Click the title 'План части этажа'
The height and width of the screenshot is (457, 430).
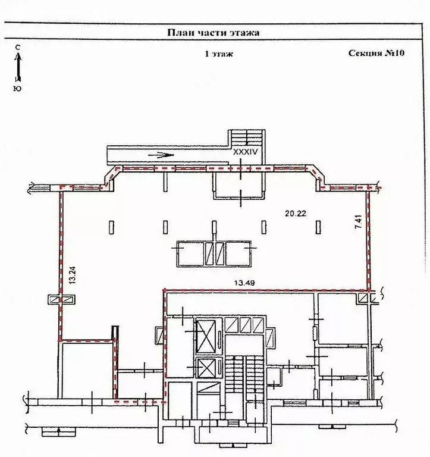tap(214, 32)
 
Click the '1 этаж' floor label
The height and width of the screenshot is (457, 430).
tap(219, 54)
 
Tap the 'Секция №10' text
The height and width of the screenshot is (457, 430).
tap(376, 53)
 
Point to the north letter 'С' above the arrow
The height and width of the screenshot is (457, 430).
tap(18, 48)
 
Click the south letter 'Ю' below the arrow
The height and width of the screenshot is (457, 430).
tap(17, 89)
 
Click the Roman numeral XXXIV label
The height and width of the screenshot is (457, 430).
tap(246, 152)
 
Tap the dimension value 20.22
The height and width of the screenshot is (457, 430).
tap(296, 214)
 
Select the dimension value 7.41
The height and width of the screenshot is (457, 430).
tap(359, 221)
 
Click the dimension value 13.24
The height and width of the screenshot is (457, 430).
tap(73, 275)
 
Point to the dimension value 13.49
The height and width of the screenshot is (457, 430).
tap(244, 283)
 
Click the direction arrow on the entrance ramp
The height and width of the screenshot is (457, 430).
tap(161, 155)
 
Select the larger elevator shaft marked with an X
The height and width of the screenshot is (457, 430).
tap(206, 336)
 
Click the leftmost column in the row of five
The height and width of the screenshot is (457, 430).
tap(112, 227)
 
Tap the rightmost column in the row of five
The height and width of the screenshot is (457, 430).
tap(318, 227)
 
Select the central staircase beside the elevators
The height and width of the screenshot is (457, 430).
tap(244, 378)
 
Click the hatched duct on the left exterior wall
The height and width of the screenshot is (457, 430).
tap(61, 300)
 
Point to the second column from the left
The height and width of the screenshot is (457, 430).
tap(165, 227)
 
